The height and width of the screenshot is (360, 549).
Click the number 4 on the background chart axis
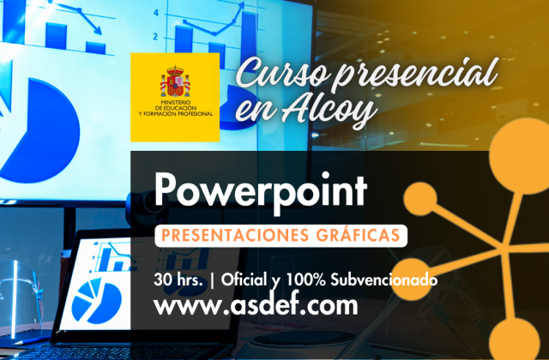pos(155,14)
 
